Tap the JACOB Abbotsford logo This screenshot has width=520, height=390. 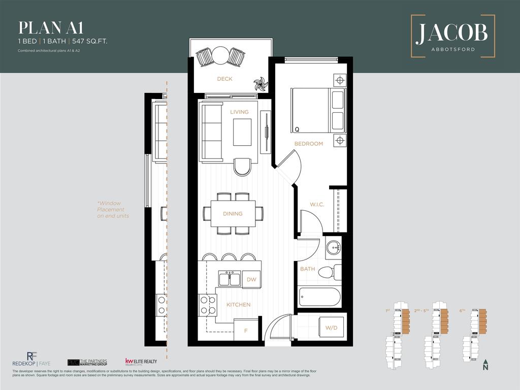[x=452, y=36]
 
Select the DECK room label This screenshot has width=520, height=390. [x=224, y=79]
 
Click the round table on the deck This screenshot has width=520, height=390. [x=220, y=55]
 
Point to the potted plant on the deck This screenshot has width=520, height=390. [x=261, y=84]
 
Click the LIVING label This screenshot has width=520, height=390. [x=239, y=112]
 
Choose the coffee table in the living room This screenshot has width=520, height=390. [x=242, y=132]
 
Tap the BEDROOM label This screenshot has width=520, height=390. [x=308, y=144]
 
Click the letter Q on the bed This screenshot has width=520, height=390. [x=297, y=129]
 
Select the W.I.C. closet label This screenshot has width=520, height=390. [x=317, y=205]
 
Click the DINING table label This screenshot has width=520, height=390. [x=233, y=214]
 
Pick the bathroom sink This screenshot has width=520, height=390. [x=333, y=248]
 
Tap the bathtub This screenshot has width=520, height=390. [x=319, y=297]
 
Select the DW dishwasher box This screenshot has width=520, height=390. [x=251, y=279]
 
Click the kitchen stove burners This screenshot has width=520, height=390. [x=208, y=304]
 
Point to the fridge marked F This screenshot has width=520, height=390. [x=246, y=331]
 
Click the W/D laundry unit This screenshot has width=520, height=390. [x=331, y=328]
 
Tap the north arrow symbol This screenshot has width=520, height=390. [x=486, y=365]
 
